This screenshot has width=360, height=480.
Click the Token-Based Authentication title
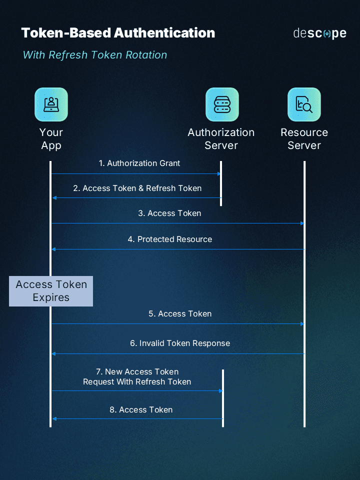pos(118,33)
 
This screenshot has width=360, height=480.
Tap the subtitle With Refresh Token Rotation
pos(95,55)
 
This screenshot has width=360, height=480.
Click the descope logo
pos(319,33)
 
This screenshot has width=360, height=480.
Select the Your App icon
pos(51,104)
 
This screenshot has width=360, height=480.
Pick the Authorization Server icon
pos(222,104)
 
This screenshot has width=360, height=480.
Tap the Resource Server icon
pos(304,104)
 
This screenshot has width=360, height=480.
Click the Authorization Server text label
pos(221,139)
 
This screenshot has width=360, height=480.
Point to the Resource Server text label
pos(304,139)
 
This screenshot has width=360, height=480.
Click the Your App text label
pos(51,139)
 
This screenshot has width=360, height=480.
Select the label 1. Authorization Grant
pos(139,163)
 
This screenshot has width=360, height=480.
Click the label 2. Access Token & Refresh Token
pos(137,188)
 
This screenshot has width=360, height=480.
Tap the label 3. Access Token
pos(169,213)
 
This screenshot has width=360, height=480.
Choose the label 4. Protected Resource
pos(169,239)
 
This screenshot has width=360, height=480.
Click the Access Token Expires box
pos(51,291)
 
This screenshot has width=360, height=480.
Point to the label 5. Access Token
pos(180,314)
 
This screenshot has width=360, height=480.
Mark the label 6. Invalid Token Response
pos(180,343)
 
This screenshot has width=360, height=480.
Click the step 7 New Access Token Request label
pos(137,377)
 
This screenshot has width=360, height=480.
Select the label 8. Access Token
pos(141,410)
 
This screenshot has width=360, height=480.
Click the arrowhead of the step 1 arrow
pos(218,174)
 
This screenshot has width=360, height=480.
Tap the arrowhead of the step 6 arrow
pos(53,354)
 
